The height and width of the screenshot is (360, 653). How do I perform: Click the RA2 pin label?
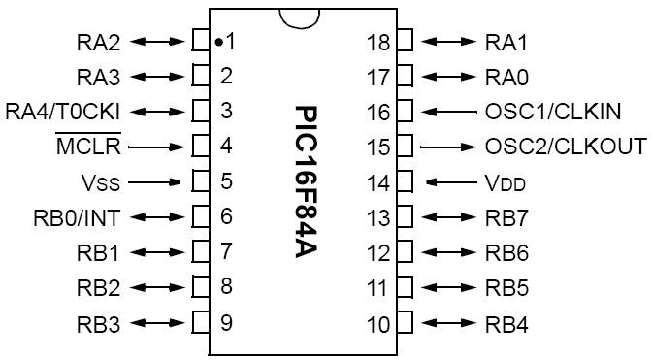coord(99,42)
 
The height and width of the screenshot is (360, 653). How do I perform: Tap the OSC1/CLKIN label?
coord(553,112)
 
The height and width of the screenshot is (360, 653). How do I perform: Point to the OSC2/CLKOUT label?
coord(565,147)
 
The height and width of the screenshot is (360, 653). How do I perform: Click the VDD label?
coord(505,182)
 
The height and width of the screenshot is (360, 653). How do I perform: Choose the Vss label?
coord(100,182)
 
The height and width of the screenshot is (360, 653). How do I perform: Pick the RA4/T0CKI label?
coord(63,112)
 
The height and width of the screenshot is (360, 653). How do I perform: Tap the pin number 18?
coord(378,42)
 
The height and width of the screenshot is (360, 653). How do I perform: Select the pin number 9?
coord(226,323)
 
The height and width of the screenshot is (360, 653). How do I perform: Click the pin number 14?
coord(378,182)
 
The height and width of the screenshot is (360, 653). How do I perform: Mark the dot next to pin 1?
coord(218,42)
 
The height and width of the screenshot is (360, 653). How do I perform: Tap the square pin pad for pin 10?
coord(405,323)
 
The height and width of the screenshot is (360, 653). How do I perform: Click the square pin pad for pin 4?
coord(201,147)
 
